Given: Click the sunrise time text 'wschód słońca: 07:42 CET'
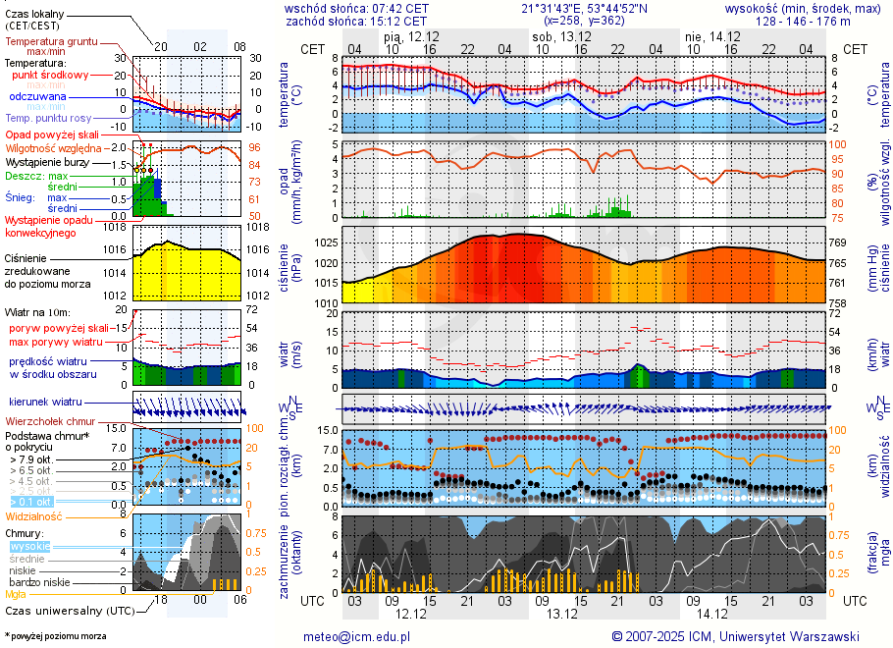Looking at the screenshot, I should click(356, 8).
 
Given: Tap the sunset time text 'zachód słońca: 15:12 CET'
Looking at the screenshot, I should click(356, 21).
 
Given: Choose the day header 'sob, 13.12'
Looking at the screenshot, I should click(556, 35).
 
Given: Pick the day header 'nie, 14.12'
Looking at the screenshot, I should click(705, 35).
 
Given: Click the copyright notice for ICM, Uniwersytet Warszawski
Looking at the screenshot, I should click(735, 636).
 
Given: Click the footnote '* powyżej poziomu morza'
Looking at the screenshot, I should click(55, 636).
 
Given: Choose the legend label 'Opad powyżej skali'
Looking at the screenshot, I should click(52, 135).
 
